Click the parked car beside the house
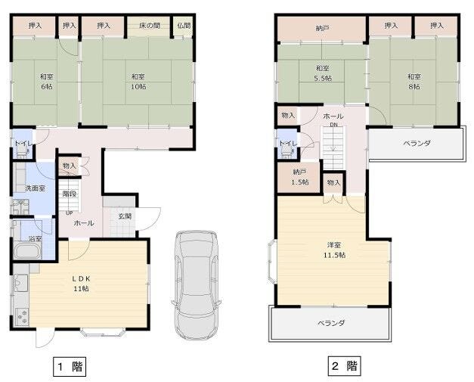197,285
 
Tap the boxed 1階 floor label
70,367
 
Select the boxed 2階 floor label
344,366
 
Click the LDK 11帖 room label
82,284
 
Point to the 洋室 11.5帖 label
334,250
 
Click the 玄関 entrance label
125,216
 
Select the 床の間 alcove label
150,26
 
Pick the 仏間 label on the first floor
184,26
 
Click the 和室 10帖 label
138,82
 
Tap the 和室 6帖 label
47,82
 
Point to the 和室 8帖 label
414,82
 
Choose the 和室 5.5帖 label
323,73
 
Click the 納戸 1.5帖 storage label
299,177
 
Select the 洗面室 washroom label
35,188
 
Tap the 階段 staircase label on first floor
70,194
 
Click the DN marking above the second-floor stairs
333,125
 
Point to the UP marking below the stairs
70,213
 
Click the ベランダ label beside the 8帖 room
417,143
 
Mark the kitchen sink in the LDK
21,284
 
